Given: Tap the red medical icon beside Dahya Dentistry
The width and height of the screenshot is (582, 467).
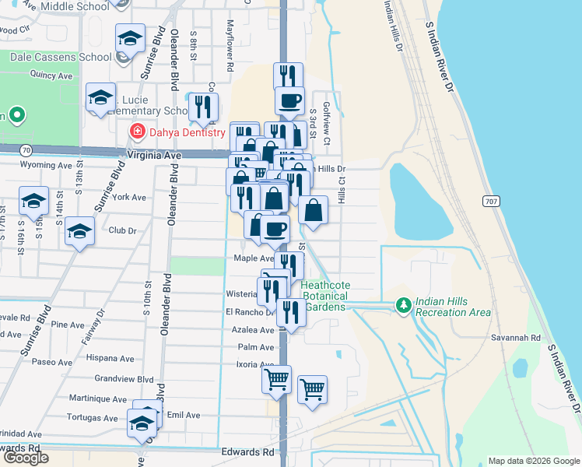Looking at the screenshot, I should (138, 132).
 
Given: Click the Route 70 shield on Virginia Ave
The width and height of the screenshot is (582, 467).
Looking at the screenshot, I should (26, 149).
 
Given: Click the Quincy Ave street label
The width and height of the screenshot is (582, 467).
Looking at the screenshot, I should (51, 75).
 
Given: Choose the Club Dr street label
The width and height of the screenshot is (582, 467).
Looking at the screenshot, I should (122, 230).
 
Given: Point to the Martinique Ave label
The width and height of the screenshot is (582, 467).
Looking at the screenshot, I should (97, 399).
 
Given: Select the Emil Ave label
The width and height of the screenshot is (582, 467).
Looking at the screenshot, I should (184, 415).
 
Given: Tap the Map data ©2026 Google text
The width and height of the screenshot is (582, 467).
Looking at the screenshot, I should (533, 461).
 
